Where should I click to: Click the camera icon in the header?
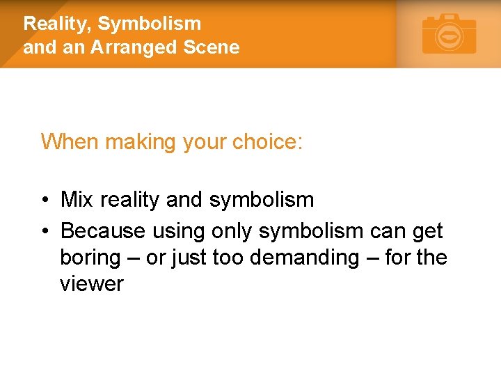point(450,34)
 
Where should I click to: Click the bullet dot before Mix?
point(44,201)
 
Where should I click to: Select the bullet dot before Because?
point(44,230)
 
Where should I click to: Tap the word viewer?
point(91,284)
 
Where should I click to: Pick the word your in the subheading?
point(204,141)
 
